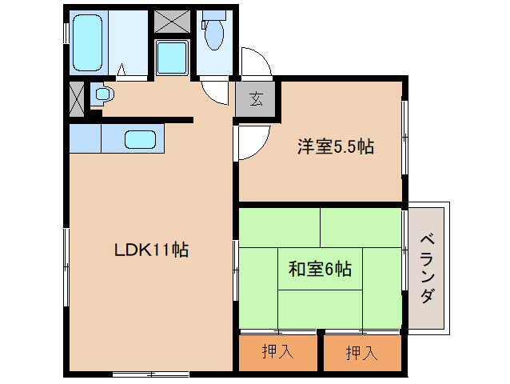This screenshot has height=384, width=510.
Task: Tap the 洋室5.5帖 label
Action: [x=336, y=146]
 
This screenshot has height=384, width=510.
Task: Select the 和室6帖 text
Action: [x=319, y=270]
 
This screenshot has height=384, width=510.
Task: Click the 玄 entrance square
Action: [x=256, y=99]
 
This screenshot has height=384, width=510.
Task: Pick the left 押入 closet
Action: [x=277, y=352]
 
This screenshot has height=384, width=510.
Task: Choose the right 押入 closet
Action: [x=361, y=352]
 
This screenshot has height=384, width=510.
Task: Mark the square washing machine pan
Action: [x=171, y=58]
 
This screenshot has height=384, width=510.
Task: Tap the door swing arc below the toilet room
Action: [x=214, y=90]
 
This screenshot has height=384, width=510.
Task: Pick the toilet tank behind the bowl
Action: [x=213, y=15]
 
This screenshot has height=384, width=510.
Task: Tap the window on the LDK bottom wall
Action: [x=150, y=373]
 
